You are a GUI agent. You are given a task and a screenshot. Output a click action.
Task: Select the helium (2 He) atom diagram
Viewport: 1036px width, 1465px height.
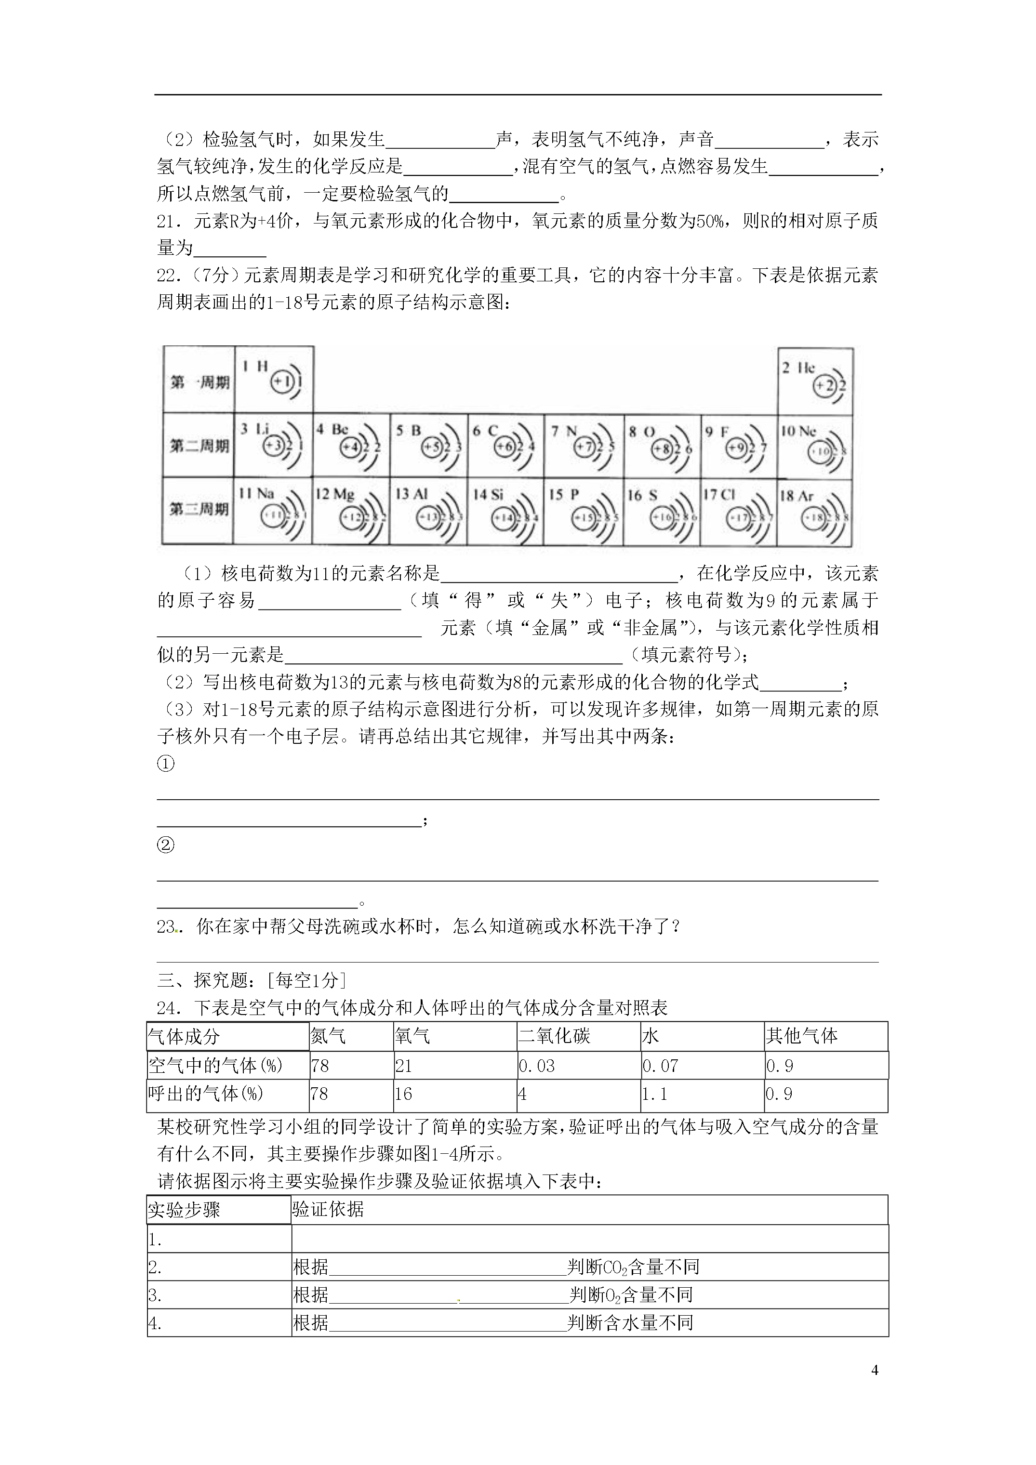click(815, 382)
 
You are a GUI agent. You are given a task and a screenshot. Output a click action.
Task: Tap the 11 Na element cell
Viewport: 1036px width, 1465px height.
click(273, 511)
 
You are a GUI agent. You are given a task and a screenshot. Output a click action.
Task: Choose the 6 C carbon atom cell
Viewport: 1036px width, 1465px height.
click(505, 445)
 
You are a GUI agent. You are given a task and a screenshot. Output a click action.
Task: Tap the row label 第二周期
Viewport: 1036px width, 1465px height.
click(199, 445)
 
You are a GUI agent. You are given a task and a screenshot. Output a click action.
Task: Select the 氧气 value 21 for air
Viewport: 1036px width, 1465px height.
click(403, 1066)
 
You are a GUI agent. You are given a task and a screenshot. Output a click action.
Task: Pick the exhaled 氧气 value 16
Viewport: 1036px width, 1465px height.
click(403, 1094)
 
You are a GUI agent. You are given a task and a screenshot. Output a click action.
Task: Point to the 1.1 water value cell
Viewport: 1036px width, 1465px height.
click(654, 1094)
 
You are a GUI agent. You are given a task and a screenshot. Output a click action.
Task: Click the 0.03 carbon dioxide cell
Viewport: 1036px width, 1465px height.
click(536, 1066)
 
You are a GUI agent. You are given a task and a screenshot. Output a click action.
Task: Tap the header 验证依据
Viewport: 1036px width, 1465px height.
click(328, 1209)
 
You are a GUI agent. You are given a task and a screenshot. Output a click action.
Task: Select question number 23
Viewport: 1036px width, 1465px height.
click(167, 926)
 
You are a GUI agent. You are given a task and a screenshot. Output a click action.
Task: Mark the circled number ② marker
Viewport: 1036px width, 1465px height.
click(165, 845)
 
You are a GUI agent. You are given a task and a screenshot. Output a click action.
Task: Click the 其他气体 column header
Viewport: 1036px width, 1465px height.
click(802, 1036)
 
